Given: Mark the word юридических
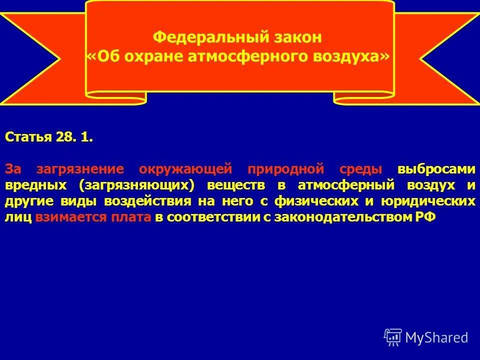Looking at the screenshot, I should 430,201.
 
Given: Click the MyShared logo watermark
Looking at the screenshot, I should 426,337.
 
